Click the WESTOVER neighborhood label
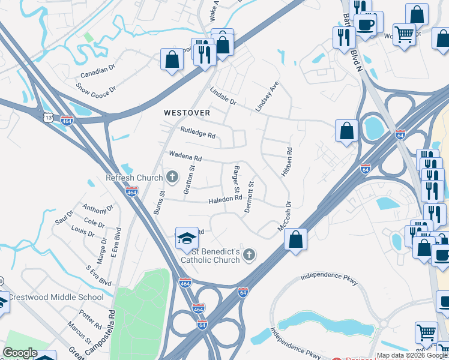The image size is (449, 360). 187,113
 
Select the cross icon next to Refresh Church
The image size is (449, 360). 172,177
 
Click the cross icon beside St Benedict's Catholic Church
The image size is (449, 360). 249,256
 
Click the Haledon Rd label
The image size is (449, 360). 225,199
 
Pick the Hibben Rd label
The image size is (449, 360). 286,162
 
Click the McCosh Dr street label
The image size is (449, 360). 284,217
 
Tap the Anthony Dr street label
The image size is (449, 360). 98,209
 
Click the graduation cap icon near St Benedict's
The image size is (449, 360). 187,238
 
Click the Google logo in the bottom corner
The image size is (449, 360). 20,353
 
